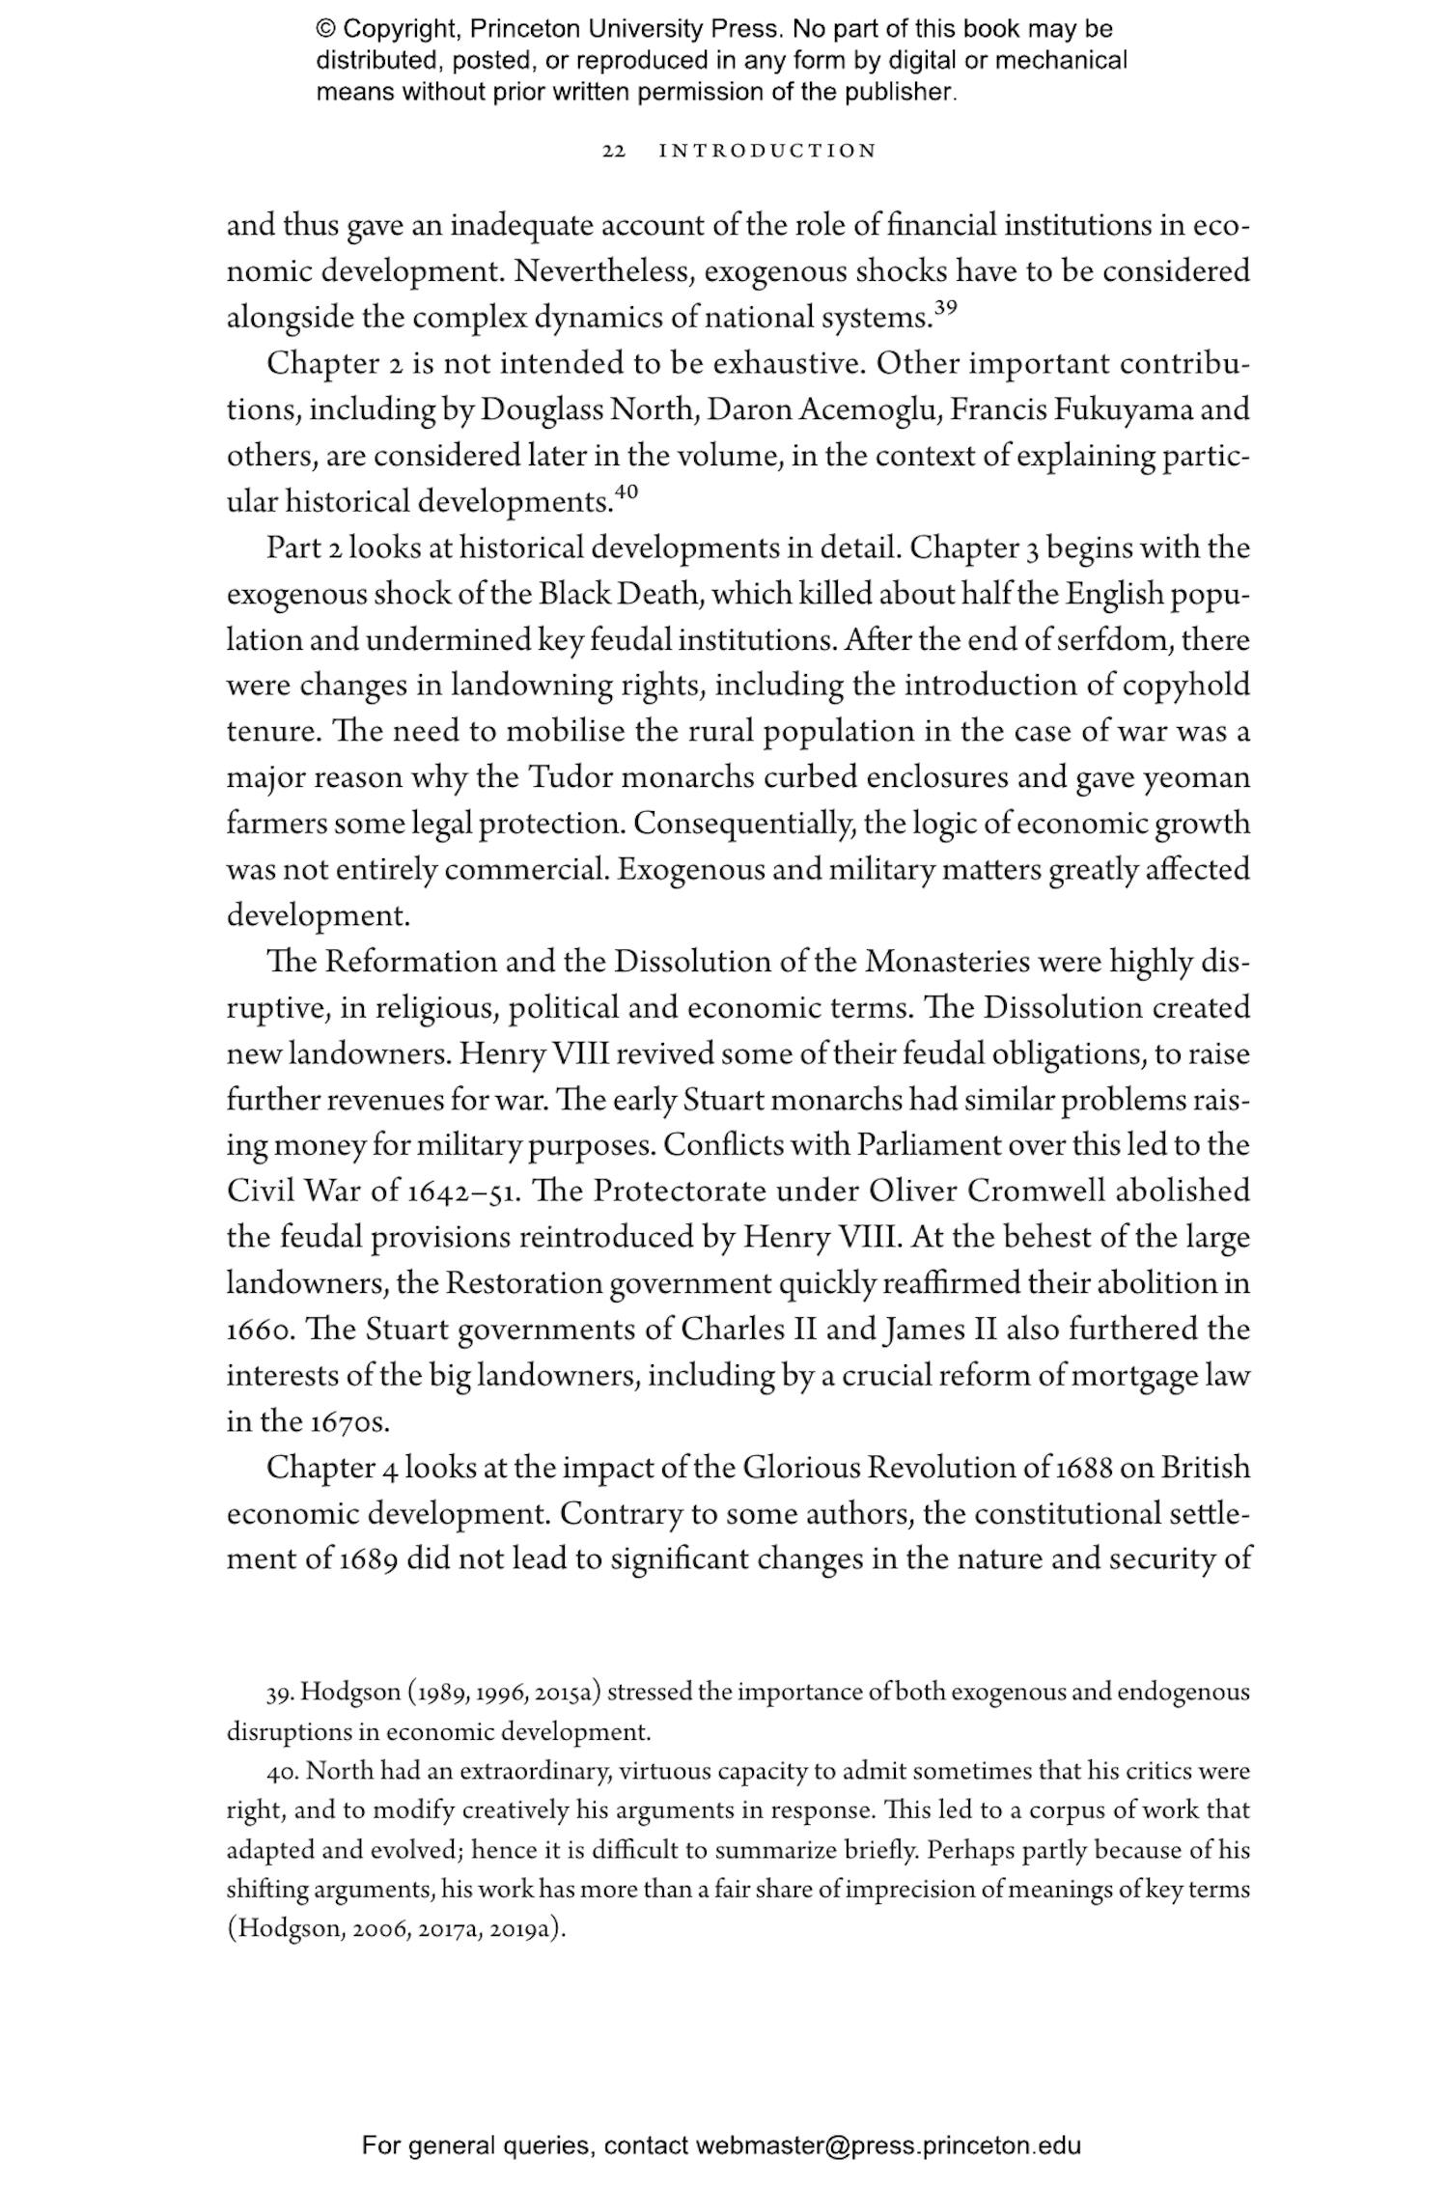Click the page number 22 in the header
click(614, 152)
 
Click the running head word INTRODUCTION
click(767, 152)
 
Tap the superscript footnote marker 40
click(627, 492)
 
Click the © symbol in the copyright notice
click(325, 30)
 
